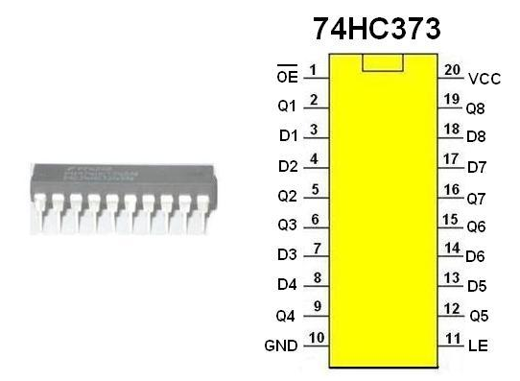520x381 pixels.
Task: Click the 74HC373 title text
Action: point(377,29)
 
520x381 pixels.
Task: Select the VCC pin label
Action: point(485,79)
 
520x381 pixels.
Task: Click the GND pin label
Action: point(281,345)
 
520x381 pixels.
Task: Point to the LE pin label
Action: point(478,345)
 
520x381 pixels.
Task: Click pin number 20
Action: point(452,70)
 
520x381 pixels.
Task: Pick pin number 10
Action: point(317,338)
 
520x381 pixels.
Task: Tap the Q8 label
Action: point(476,108)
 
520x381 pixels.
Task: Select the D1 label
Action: point(288,135)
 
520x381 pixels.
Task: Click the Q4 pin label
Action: point(285,316)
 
